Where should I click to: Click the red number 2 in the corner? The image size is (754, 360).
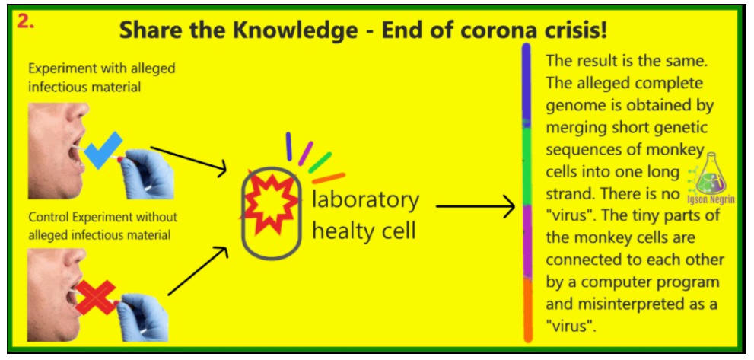click(25, 22)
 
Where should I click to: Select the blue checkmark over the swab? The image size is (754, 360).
click(103, 150)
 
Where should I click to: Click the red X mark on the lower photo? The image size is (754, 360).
click(96, 297)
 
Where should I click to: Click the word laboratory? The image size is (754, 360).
click(365, 200)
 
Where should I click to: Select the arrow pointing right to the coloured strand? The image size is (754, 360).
click(475, 206)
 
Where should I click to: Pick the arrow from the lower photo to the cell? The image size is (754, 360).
click(198, 270)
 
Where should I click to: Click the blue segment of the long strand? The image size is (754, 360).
click(527, 85)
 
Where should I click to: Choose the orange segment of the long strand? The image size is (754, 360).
click(527, 311)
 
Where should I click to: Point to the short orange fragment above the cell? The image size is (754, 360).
click(329, 178)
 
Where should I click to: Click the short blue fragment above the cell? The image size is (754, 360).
click(289, 146)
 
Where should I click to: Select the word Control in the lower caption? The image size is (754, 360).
click(46, 217)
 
